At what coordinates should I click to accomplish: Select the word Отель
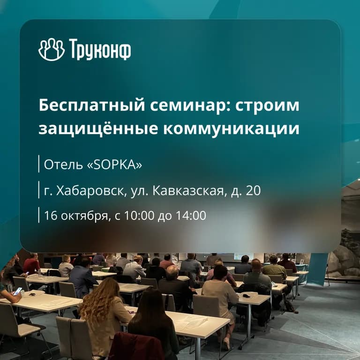coord(59,165)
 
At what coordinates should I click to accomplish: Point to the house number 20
coord(253,191)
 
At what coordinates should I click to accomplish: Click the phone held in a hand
coord(17,291)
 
